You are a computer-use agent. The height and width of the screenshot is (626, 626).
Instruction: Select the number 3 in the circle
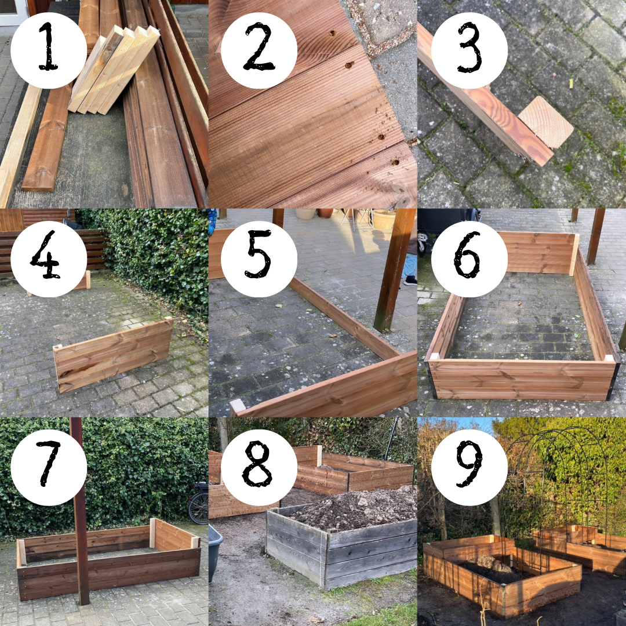coord(470,47)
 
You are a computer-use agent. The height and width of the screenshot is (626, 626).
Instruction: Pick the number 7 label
coord(48,463)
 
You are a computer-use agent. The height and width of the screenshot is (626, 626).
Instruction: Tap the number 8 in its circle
coord(257,464)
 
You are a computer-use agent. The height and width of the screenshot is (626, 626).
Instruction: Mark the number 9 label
coord(469,464)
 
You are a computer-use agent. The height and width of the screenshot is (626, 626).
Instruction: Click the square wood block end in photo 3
coord(546,122)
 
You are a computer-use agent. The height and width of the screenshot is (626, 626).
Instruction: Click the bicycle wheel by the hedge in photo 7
coord(198,504)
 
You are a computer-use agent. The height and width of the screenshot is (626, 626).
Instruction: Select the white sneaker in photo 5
coord(410,281)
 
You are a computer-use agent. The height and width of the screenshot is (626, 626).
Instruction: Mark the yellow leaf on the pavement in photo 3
coord(571,83)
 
